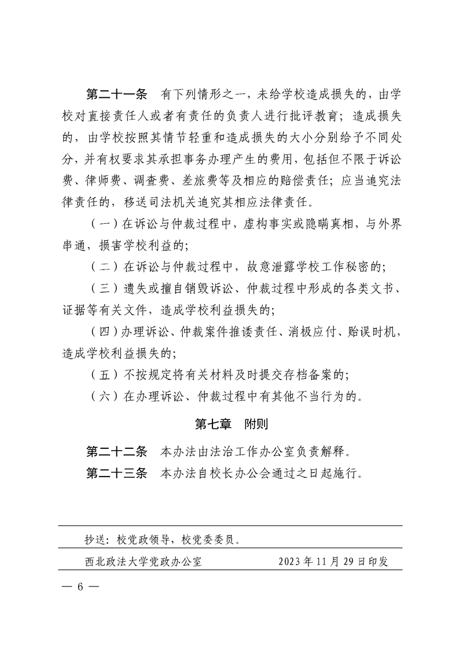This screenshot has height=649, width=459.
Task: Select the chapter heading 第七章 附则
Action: coord(230,424)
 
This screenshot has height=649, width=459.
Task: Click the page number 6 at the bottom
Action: coord(82,585)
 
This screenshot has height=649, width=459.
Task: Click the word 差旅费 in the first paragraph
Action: coord(200,180)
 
